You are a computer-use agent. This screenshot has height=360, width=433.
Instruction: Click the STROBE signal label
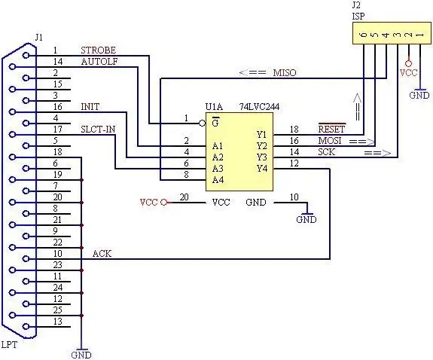pos(98,50)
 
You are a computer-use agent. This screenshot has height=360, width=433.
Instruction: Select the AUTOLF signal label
pos(99,62)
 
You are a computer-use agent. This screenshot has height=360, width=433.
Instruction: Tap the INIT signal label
pos(90,107)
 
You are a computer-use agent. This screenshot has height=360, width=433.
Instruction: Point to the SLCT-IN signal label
pos(98,130)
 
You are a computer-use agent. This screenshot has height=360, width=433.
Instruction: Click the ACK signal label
pos(102,254)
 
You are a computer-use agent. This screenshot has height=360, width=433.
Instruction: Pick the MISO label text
pos(285,72)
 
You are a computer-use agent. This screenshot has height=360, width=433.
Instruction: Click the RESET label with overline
pos(331,129)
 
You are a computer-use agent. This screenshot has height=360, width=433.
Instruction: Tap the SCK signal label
pos(326,151)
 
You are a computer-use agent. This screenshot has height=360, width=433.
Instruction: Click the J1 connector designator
pos(39,36)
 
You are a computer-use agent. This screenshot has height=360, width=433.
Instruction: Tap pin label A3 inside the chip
pos(218,168)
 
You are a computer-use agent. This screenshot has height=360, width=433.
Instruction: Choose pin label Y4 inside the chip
pos(261,168)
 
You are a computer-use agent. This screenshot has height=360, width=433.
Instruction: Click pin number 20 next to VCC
pos(184,197)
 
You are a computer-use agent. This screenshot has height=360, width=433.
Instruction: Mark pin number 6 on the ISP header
pos(364,35)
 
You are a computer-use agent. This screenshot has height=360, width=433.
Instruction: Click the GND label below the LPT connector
pos(81,354)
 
